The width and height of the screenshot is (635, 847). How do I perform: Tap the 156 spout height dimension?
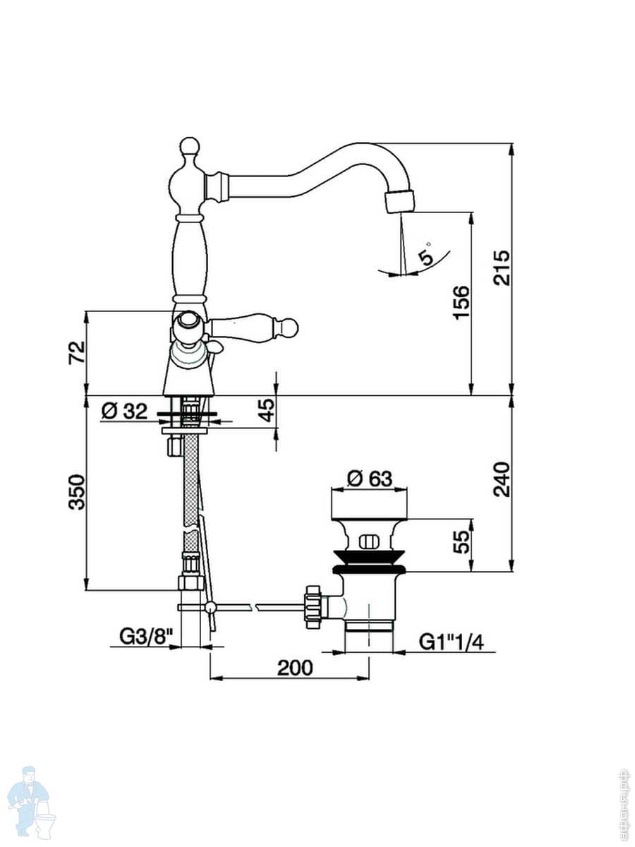(x=461, y=302)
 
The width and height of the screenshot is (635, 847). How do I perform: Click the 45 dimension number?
(x=265, y=411)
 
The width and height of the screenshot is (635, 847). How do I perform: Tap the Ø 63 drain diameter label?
(x=370, y=479)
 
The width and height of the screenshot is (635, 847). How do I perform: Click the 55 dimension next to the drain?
(x=461, y=542)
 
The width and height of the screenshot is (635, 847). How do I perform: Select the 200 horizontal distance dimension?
(x=294, y=668)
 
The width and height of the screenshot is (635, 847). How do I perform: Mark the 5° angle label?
(x=425, y=253)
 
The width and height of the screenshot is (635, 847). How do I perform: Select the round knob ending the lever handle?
(x=288, y=327)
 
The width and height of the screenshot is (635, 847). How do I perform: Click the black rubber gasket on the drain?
(x=370, y=569)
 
